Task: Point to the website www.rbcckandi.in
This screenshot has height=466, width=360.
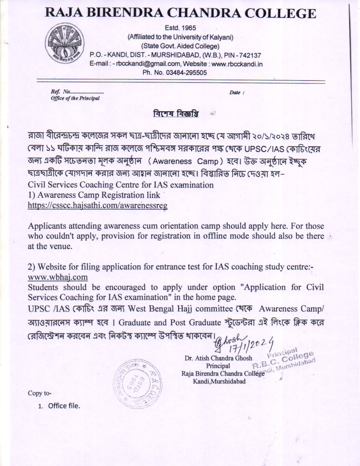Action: point(237,64)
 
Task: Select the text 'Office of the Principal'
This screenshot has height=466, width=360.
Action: point(75,98)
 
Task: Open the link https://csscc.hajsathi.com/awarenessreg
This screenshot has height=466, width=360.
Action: point(97,206)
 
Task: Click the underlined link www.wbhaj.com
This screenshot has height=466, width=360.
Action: point(58,277)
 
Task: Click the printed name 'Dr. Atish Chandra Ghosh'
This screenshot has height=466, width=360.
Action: point(218,359)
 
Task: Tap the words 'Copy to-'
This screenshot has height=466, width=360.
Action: point(39,393)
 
